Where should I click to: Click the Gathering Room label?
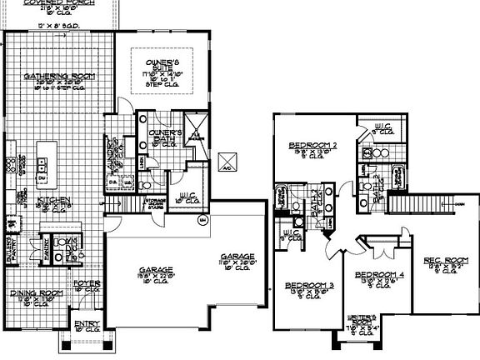(x=58, y=77)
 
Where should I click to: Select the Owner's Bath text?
(x=165, y=134)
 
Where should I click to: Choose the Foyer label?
(x=87, y=285)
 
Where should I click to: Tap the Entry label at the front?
(x=85, y=325)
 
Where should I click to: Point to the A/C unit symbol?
(x=227, y=161)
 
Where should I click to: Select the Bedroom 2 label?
(x=312, y=146)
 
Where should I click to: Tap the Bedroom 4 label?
(x=379, y=274)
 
